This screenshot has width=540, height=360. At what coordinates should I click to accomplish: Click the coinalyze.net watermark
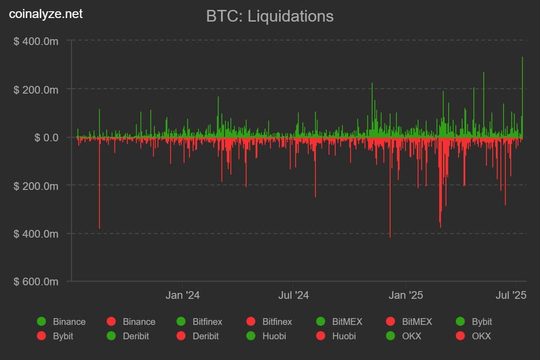tap(46, 14)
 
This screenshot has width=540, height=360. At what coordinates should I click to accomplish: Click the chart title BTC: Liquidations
tap(270, 16)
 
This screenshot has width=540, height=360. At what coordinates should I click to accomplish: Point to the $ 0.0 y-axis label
tap(46, 137)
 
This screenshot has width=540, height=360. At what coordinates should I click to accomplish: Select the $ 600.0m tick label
tap(36, 282)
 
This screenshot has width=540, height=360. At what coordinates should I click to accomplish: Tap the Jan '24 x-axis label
tap(182, 295)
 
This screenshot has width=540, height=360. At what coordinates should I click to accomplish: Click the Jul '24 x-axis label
tap(293, 295)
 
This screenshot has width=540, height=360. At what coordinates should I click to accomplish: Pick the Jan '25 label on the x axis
tap(406, 295)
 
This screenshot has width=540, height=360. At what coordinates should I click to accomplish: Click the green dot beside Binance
tap(42, 322)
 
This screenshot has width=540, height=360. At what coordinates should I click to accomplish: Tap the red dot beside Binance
tap(111, 322)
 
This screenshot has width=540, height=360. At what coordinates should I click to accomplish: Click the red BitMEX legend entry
tap(409, 322)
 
